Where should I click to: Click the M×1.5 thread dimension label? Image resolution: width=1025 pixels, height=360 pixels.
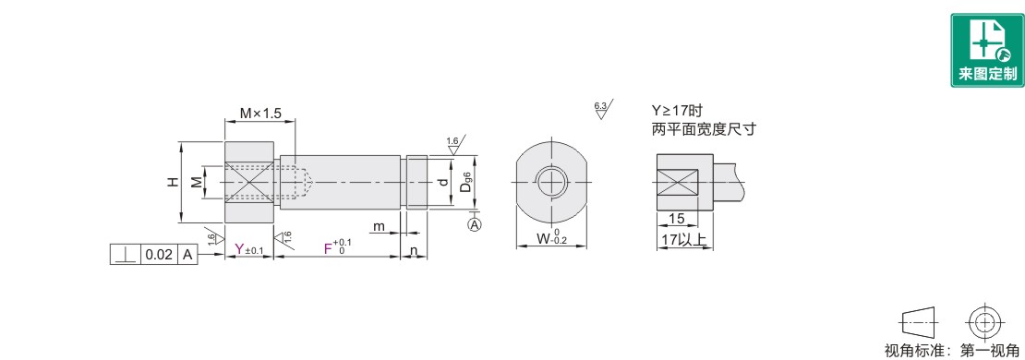click(259, 113)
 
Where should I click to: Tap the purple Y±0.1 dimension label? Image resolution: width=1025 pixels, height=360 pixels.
click(248, 249)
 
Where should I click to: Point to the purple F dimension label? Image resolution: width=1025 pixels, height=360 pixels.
click(329, 249)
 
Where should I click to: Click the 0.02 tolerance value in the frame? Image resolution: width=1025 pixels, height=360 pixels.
click(159, 255)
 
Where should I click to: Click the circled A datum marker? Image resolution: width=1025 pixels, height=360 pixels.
click(475, 224)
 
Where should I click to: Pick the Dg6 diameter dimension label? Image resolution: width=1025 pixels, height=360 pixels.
click(465, 182)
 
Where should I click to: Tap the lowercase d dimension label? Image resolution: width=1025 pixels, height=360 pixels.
click(444, 182)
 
